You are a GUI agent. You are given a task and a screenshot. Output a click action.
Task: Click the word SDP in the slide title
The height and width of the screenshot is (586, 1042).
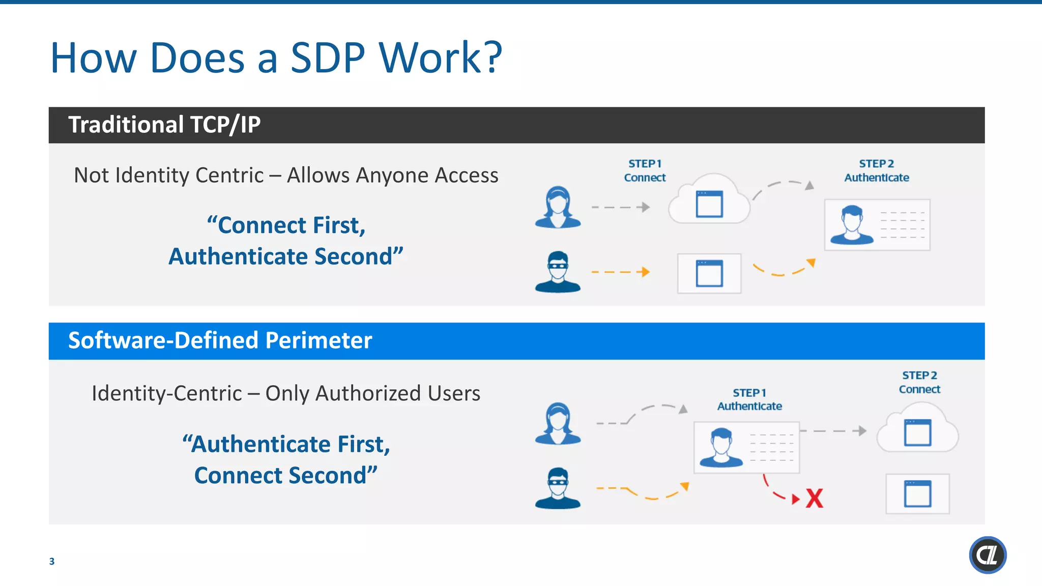(x=328, y=58)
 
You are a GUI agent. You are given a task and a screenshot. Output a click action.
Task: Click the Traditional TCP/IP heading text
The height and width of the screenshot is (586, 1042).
(x=164, y=125)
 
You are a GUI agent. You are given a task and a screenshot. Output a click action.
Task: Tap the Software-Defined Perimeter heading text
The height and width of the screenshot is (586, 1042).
(x=220, y=340)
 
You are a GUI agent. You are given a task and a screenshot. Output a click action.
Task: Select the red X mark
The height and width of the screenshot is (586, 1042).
(x=815, y=499)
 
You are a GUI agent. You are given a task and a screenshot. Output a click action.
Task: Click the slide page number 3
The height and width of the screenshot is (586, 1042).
(x=51, y=561)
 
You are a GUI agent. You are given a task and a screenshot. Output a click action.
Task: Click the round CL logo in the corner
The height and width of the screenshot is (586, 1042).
(x=987, y=555)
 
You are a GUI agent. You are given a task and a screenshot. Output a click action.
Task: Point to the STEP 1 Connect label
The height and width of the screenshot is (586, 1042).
(x=645, y=170)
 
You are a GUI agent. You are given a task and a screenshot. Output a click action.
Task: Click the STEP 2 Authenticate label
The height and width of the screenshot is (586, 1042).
(x=876, y=170)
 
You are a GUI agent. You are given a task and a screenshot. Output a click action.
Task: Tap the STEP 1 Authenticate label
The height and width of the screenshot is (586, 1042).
(x=749, y=399)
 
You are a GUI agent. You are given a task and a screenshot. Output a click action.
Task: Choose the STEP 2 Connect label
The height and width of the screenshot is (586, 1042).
(x=919, y=382)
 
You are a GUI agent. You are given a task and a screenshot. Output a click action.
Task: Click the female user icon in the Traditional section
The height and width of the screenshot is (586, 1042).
(x=558, y=207)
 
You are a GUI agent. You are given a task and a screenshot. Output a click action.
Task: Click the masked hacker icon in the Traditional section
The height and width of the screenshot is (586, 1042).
(x=558, y=272)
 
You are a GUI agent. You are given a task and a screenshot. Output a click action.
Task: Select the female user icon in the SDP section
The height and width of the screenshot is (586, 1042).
(x=558, y=423)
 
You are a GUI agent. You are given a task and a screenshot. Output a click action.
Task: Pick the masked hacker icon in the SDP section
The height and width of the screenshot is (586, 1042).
(x=558, y=488)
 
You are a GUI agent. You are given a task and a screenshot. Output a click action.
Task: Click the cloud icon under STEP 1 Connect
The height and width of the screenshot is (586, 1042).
(x=709, y=201)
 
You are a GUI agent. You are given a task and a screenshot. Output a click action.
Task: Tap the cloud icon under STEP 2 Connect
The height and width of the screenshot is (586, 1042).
(x=917, y=428)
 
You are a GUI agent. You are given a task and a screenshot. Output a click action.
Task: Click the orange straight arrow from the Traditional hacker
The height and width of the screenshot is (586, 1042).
(x=621, y=272)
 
